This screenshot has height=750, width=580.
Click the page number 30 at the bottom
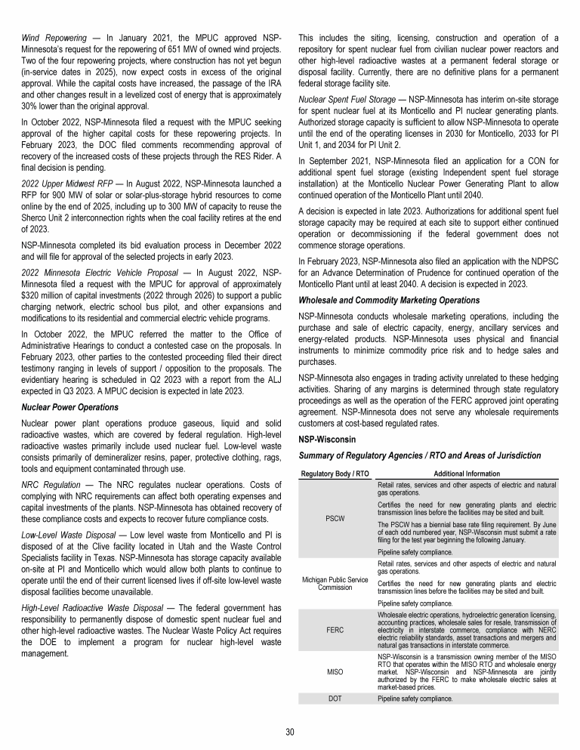coord(290,731)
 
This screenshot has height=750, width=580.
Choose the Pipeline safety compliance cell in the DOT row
coord(416,699)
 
